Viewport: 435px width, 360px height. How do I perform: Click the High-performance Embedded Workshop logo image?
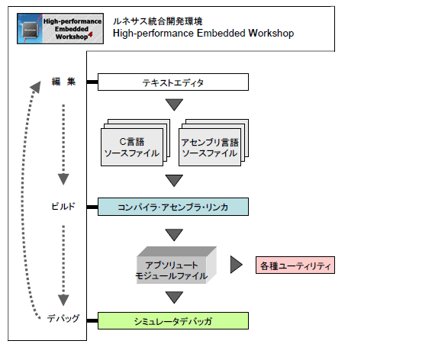(x=60, y=28)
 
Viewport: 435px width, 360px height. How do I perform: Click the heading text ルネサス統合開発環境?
(x=157, y=21)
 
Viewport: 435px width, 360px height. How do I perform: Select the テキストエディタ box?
(x=173, y=82)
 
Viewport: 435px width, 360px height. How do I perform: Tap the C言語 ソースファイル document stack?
(x=135, y=143)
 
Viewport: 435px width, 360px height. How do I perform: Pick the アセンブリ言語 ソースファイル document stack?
(x=214, y=143)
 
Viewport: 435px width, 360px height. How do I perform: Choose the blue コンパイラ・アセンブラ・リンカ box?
(x=173, y=207)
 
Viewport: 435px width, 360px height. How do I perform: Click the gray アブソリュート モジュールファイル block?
(x=176, y=265)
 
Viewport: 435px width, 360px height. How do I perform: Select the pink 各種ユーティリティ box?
(x=295, y=265)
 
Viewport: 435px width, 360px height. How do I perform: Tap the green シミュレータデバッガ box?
(x=173, y=321)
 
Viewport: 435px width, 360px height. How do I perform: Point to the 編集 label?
(x=63, y=82)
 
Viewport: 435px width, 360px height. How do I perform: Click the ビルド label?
(x=63, y=207)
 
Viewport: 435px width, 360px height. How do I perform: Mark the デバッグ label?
(x=63, y=318)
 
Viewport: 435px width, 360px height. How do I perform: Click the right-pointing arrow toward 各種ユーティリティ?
(x=236, y=265)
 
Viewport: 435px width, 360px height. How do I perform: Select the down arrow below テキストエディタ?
(x=174, y=104)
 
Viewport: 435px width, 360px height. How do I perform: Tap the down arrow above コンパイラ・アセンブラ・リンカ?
(x=174, y=181)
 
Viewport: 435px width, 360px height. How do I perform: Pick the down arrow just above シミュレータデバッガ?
(x=174, y=297)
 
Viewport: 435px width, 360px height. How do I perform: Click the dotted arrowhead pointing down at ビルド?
(x=63, y=179)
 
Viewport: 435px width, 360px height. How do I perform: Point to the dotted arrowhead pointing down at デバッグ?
(x=63, y=300)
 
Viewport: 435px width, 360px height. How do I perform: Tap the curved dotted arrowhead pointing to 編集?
(x=36, y=87)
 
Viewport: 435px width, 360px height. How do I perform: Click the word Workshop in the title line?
(x=271, y=34)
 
